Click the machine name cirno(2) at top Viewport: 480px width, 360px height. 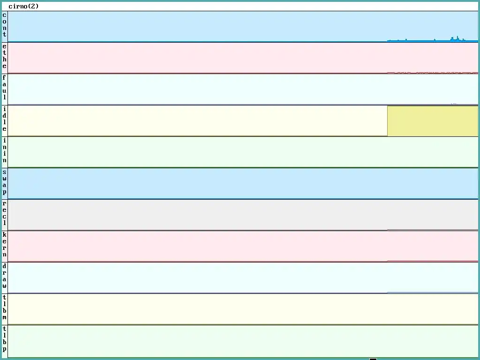tap(23, 7)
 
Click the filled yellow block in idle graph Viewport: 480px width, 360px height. tap(432, 121)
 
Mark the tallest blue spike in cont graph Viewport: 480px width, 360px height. tap(457, 37)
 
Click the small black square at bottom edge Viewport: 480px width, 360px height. tap(373, 359)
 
